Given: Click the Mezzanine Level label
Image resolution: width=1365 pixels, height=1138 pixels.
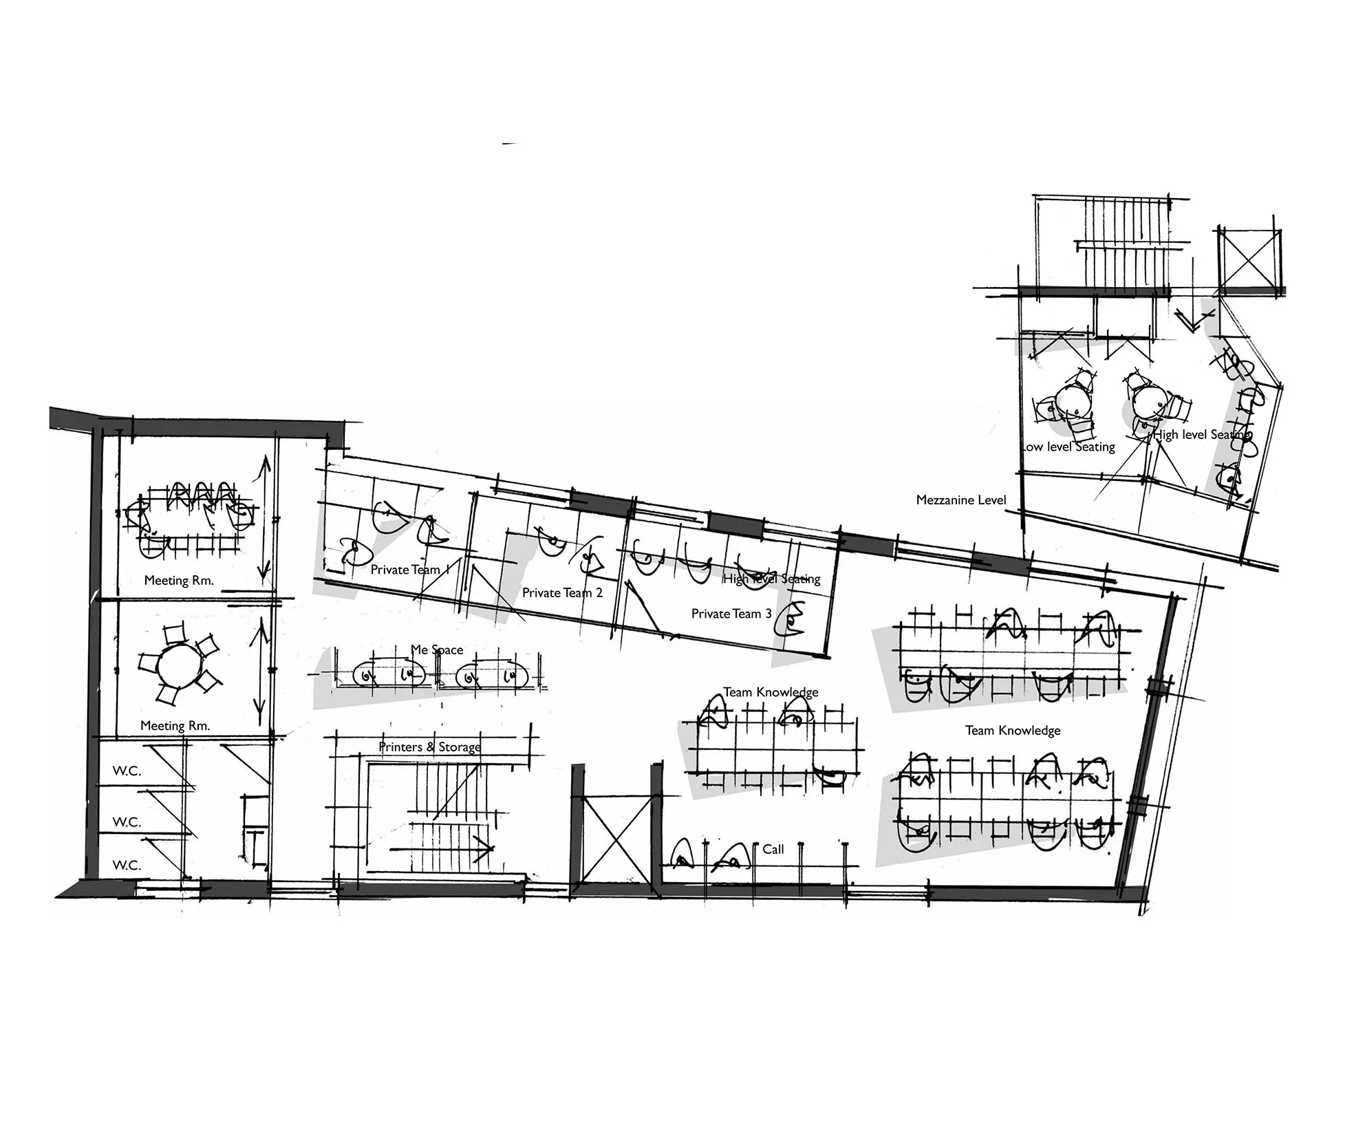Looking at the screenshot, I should (960, 500).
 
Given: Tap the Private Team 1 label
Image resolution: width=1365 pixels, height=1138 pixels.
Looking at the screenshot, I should (409, 570).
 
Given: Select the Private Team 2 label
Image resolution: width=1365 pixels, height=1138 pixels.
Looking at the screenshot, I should (562, 593).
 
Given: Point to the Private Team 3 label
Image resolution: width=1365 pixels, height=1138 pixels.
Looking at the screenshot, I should (731, 614).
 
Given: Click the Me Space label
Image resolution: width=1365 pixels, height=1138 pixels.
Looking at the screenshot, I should (437, 649).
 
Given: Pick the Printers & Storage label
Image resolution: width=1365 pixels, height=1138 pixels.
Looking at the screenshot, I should (429, 747).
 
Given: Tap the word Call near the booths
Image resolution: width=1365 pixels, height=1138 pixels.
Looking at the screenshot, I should (773, 849).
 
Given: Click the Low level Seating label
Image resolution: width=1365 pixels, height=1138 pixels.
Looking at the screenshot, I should (1068, 447).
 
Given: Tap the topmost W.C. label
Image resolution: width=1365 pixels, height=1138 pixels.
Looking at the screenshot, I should (127, 771).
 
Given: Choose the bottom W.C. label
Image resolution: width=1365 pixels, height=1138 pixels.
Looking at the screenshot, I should (127, 866).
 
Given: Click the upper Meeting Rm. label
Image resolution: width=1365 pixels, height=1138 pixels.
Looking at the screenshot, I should (179, 580).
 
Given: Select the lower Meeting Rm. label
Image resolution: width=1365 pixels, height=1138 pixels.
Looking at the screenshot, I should (175, 725).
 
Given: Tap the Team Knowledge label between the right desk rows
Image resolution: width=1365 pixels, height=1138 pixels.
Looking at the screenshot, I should (1012, 730).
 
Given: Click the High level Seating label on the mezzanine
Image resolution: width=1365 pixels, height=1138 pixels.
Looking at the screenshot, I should (1200, 435).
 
